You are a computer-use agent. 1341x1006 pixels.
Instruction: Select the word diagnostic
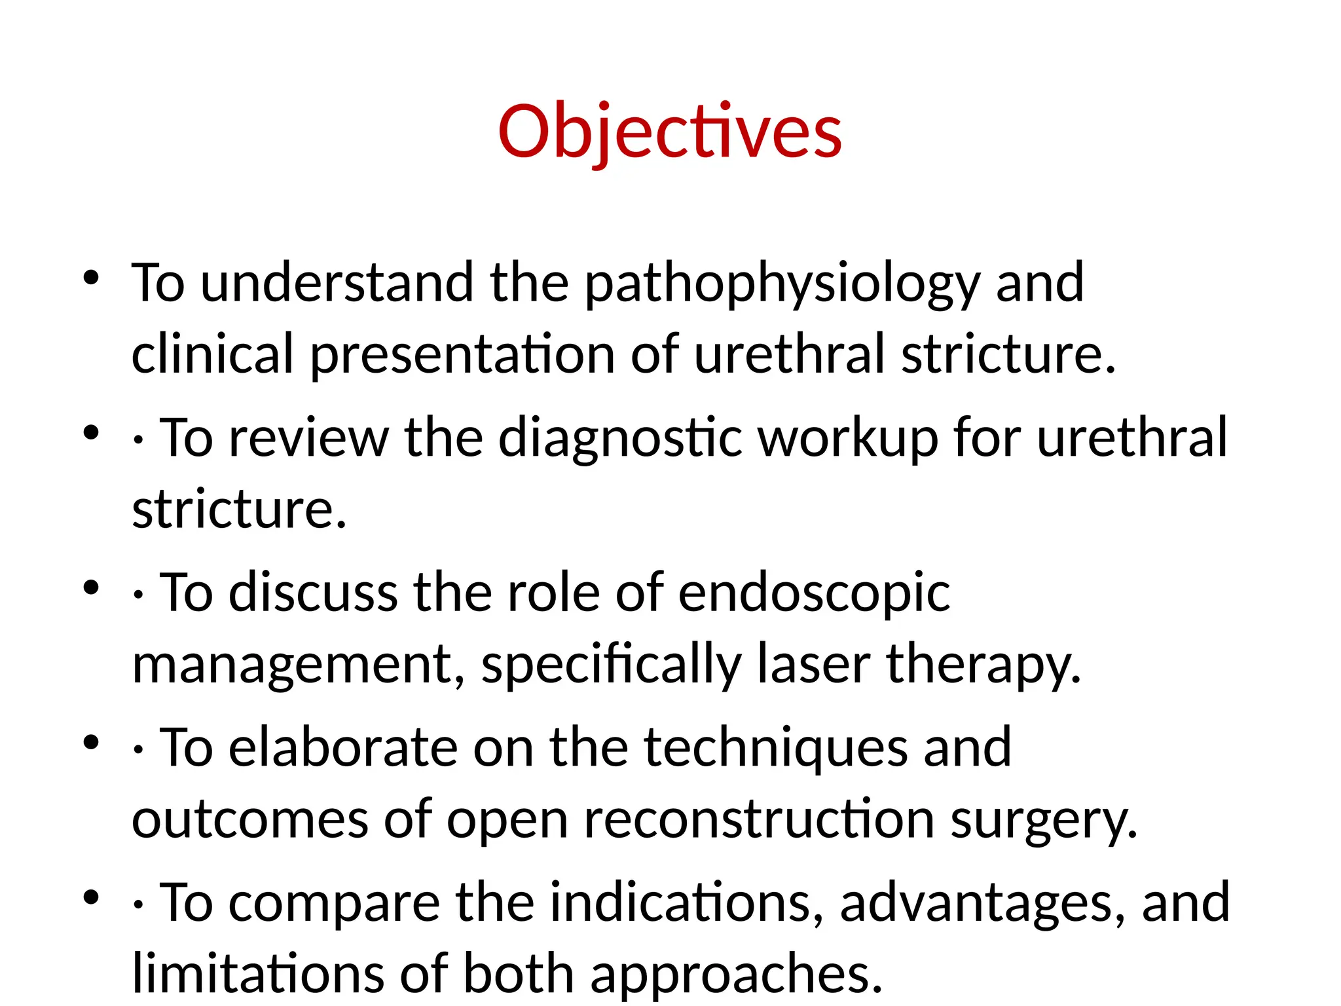(x=620, y=438)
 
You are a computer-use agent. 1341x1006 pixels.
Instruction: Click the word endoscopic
(x=814, y=593)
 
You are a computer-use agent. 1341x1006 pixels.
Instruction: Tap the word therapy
(x=982, y=665)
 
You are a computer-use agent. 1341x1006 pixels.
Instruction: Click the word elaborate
(x=343, y=748)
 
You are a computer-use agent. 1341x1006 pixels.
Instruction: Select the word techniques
(x=776, y=748)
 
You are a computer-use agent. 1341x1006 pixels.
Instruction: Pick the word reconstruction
(x=759, y=819)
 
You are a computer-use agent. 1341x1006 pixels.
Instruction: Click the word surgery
(x=1044, y=821)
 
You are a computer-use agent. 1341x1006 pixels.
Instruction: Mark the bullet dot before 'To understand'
(x=91, y=278)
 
